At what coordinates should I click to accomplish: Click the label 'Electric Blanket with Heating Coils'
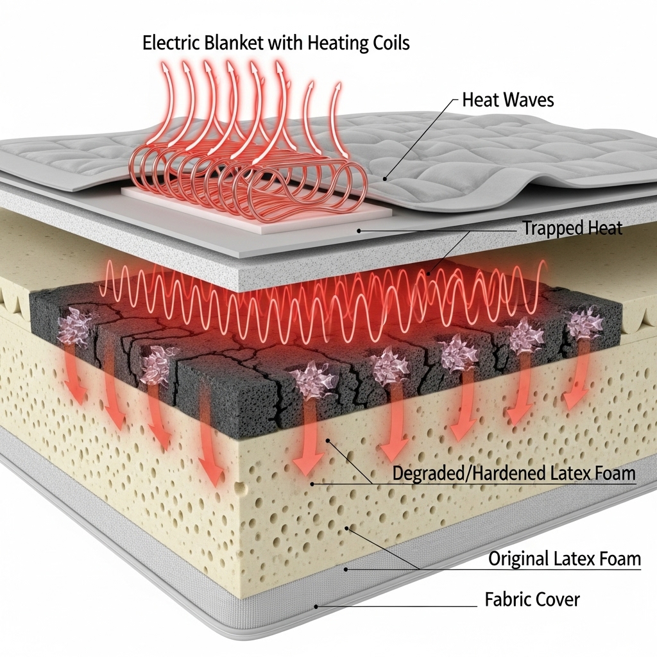(x=276, y=44)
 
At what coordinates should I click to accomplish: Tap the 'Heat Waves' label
(x=508, y=100)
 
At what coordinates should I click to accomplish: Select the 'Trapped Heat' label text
(x=572, y=228)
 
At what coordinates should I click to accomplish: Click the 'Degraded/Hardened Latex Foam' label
(x=513, y=474)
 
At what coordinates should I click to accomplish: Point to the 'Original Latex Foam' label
(x=565, y=558)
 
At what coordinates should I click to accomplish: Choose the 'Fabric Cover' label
(x=532, y=600)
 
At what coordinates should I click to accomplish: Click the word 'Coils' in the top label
(x=386, y=44)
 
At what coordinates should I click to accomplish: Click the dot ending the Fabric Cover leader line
(x=316, y=605)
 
